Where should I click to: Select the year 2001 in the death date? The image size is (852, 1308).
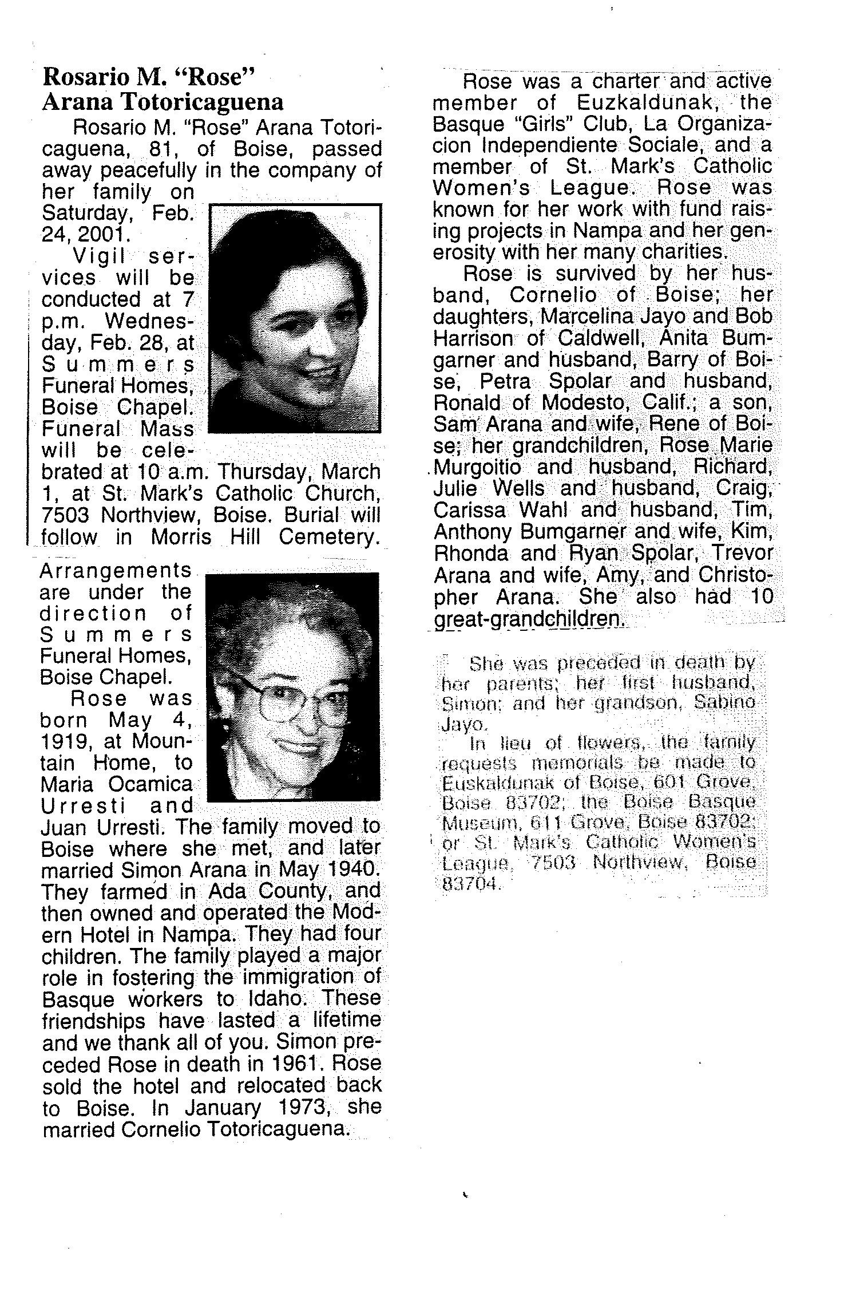pos(98,234)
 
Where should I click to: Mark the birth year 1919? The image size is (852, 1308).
pos(64,742)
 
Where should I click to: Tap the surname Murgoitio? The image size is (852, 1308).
pos(477,467)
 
